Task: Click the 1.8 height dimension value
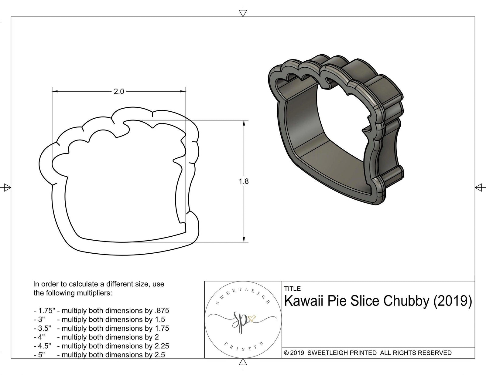pos(244,181)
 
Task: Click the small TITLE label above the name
pos(292,289)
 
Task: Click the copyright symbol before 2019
pos(286,353)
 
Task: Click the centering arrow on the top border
pos(242,12)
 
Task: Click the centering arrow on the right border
pos(479,187)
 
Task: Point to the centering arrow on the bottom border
pos(242,363)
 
